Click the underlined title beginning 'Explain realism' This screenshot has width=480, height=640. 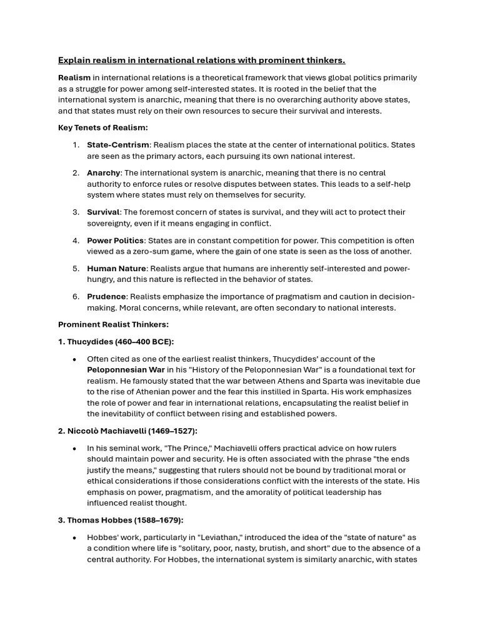point(201,60)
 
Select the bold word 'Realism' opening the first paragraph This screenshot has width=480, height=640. point(74,77)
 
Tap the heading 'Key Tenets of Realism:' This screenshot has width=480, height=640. point(103,127)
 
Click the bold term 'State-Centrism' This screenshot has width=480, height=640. point(118,145)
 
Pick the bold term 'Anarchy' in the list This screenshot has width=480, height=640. point(103,172)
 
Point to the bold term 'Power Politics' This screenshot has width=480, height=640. point(116,241)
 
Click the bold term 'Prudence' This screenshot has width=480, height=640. point(106,296)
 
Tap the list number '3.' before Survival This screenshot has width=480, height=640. point(76,212)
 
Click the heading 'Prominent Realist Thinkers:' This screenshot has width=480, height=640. point(113,324)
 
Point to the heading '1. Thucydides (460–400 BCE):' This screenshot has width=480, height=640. point(116,342)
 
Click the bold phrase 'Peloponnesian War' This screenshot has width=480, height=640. point(126,370)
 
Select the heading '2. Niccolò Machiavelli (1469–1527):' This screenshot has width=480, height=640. point(127,431)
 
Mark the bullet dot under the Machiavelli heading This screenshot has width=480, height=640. point(75,449)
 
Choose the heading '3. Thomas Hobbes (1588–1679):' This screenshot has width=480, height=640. point(121,520)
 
